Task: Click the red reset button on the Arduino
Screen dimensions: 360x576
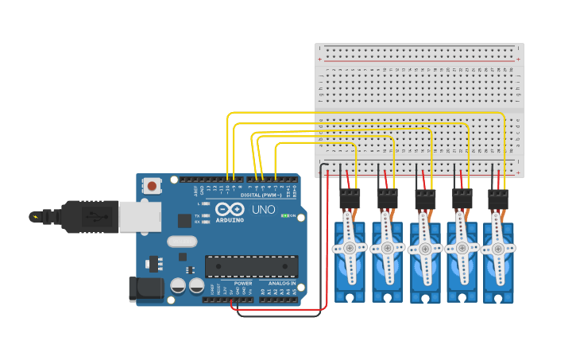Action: (151, 186)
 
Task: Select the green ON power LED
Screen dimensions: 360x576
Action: (284, 215)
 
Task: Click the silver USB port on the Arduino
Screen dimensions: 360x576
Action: (140, 215)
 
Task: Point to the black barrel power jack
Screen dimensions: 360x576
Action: (147, 288)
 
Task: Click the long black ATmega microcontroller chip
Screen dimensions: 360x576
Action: (251, 266)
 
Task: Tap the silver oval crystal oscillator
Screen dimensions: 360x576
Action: (181, 241)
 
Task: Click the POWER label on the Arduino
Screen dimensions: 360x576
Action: (243, 283)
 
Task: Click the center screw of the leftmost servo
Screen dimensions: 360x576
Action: (350, 248)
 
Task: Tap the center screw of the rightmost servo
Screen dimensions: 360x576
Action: (498, 248)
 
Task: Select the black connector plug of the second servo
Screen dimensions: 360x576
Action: (387, 198)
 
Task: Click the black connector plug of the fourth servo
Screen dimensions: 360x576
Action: (462, 198)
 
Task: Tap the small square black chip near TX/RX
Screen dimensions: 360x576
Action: (184, 220)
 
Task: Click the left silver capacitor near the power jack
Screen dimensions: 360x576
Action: (178, 285)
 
